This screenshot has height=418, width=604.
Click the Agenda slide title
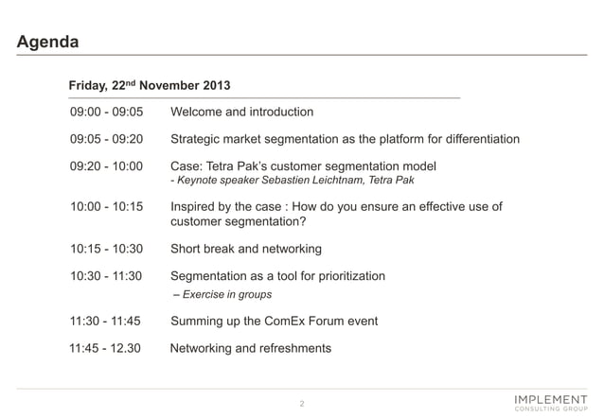(x=48, y=43)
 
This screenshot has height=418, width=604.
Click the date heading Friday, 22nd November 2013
(x=149, y=85)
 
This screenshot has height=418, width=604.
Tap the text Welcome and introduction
(x=241, y=113)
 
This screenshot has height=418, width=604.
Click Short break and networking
(x=245, y=249)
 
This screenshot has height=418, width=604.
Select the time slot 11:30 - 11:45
(x=106, y=322)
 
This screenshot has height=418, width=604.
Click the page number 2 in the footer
(x=301, y=404)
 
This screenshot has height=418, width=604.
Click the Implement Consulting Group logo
(x=548, y=400)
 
